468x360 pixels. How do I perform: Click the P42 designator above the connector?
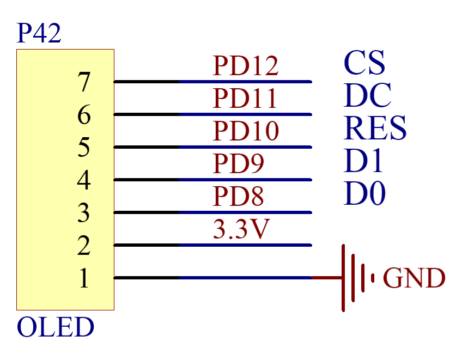pos(39,34)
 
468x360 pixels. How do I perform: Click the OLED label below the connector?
pos(56,327)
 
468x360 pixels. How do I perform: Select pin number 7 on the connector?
pos(83,83)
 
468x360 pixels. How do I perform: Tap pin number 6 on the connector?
pos(83,115)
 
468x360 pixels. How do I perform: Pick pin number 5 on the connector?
pos(83,148)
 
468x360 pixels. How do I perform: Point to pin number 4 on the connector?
pos(83,181)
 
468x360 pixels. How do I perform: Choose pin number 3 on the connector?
pos(83,213)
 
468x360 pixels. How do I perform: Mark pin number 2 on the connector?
pos(83,246)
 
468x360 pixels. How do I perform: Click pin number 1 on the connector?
pos(83,279)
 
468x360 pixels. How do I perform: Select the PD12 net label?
pos(245,66)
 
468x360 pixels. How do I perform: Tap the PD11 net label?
pos(245,99)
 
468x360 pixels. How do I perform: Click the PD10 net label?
pos(245,131)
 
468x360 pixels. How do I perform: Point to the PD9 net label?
pos(238,163)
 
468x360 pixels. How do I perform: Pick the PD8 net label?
pos(238,196)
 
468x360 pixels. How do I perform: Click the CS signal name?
pos(364,63)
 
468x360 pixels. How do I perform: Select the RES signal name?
pos(375,128)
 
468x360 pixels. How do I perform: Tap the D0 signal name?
pos(364,193)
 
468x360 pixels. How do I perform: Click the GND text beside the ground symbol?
pos(414,278)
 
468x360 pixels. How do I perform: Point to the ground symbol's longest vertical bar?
pos(344,278)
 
